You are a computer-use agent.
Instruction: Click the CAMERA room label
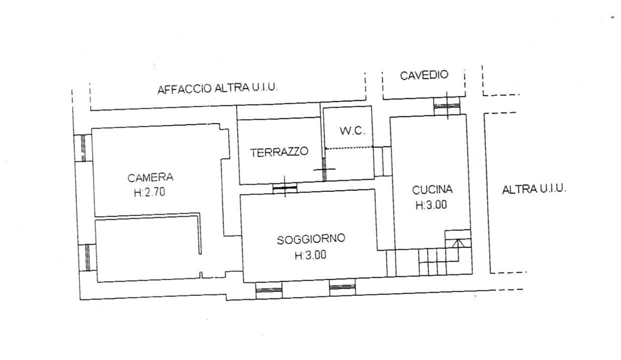(150, 177)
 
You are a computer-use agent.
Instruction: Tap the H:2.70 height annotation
(150, 192)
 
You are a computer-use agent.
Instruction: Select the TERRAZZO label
(279, 152)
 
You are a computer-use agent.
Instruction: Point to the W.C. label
(352, 131)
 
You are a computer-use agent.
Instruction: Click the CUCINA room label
(432, 190)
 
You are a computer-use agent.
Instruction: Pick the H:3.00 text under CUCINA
(431, 205)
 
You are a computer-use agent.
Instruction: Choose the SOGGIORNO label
(311, 239)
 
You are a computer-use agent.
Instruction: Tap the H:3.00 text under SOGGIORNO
(310, 255)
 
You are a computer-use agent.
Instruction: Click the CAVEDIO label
(424, 75)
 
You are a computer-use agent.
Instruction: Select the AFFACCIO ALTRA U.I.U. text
(218, 89)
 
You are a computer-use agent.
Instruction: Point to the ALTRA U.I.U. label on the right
(533, 189)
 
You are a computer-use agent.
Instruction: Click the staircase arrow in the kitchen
(457, 244)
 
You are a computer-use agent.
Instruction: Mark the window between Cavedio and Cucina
(446, 106)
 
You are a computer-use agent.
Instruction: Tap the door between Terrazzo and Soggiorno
(285, 188)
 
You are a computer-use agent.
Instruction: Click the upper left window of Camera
(83, 148)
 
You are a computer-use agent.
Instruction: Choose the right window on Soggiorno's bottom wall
(342, 287)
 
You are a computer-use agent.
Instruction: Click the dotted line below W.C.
(349, 147)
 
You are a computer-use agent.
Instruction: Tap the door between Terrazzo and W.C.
(324, 169)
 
